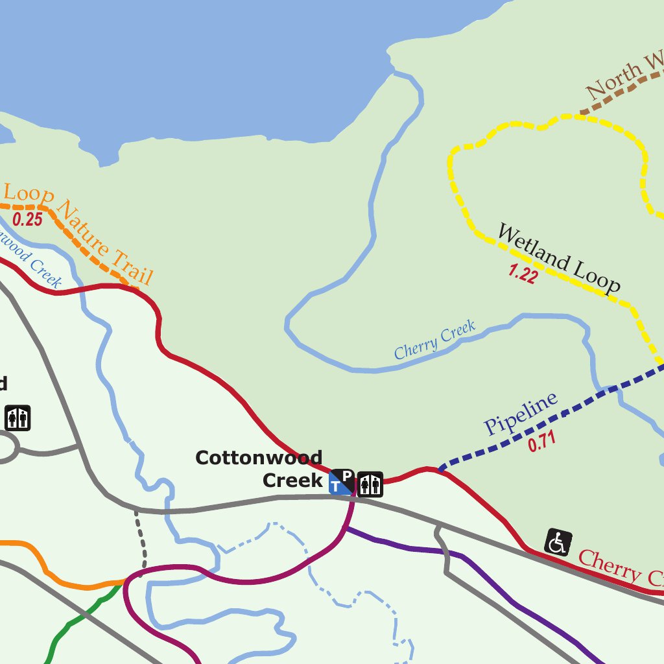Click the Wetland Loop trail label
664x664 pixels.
[x=558, y=259]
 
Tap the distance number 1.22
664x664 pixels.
[x=523, y=274]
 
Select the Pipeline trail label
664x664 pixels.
[x=521, y=414]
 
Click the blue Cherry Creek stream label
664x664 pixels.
[x=434, y=340]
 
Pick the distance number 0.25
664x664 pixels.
[x=27, y=219]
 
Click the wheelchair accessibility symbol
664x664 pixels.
[x=558, y=542]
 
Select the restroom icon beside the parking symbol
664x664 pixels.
[x=370, y=484]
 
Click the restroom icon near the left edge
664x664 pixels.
[x=18, y=418]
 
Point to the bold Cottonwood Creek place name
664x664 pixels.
[x=259, y=468]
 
